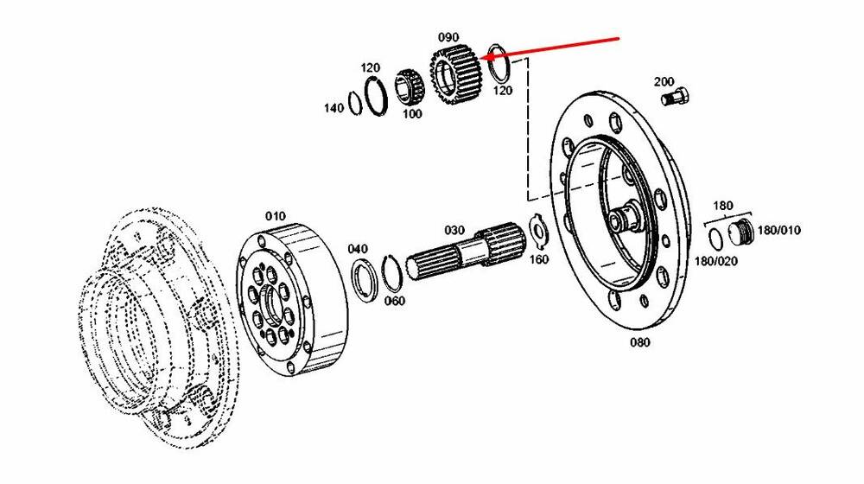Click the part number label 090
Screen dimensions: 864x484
(448, 37)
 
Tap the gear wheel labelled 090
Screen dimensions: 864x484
(456, 75)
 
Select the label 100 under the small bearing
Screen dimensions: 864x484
(411, 113)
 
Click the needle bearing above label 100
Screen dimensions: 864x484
(409, 87)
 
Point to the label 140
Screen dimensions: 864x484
(334, 108)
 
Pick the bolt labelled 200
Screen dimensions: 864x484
(676, 99)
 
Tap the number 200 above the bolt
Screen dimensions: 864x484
(664, 81)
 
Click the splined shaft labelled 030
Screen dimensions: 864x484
(466, 252)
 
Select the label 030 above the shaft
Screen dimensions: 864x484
(454, 230)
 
